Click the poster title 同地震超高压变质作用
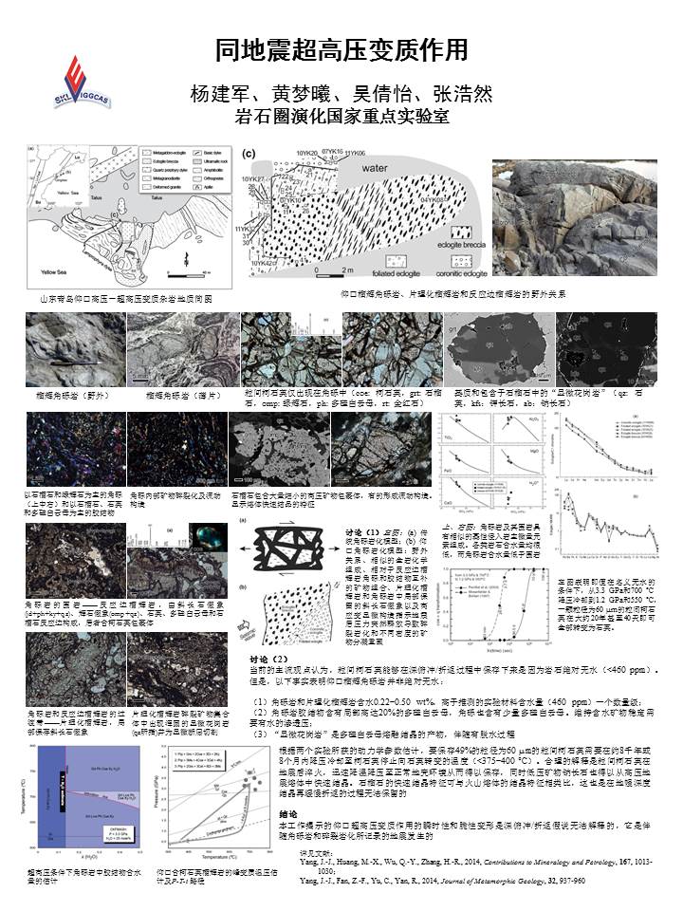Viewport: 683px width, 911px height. [x=341, y=48]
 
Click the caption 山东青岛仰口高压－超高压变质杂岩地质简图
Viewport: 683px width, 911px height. [x=124, y=298]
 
